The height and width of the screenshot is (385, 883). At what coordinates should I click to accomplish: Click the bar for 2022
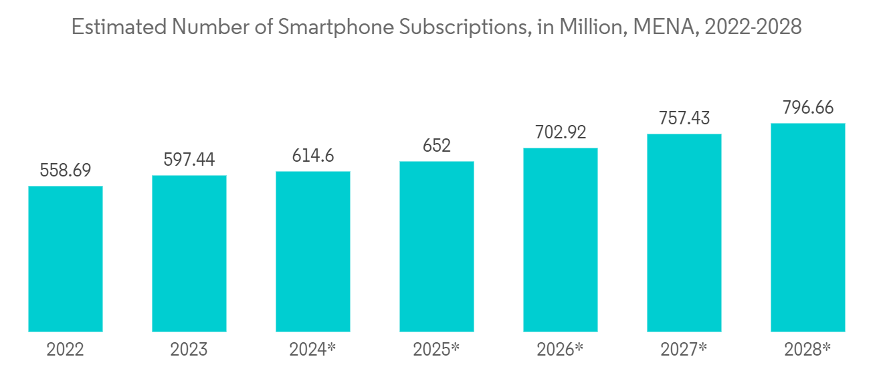[66, 259]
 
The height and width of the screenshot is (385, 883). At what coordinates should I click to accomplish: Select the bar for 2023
[189, 253]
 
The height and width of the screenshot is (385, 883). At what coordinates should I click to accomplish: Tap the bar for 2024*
[313, 251]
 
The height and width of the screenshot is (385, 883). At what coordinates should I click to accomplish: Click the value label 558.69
[66, 171]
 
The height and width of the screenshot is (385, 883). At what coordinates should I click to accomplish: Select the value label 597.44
[189, 160]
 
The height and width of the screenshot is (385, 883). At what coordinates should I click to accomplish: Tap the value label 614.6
[313, 156]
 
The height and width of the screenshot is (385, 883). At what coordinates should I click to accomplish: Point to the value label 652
[437, 146]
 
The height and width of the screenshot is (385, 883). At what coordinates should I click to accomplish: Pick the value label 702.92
[561, 132]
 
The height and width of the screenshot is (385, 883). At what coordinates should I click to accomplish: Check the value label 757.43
[684, 119]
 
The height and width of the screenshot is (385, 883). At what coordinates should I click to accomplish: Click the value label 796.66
[808, 108]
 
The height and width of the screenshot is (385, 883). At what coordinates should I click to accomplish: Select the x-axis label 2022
[66, 350]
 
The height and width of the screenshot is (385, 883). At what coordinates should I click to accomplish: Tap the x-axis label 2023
[189, 350]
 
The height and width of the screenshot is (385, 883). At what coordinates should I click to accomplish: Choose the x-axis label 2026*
[561, 350]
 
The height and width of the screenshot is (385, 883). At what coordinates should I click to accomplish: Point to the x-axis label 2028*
[808, 350]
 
